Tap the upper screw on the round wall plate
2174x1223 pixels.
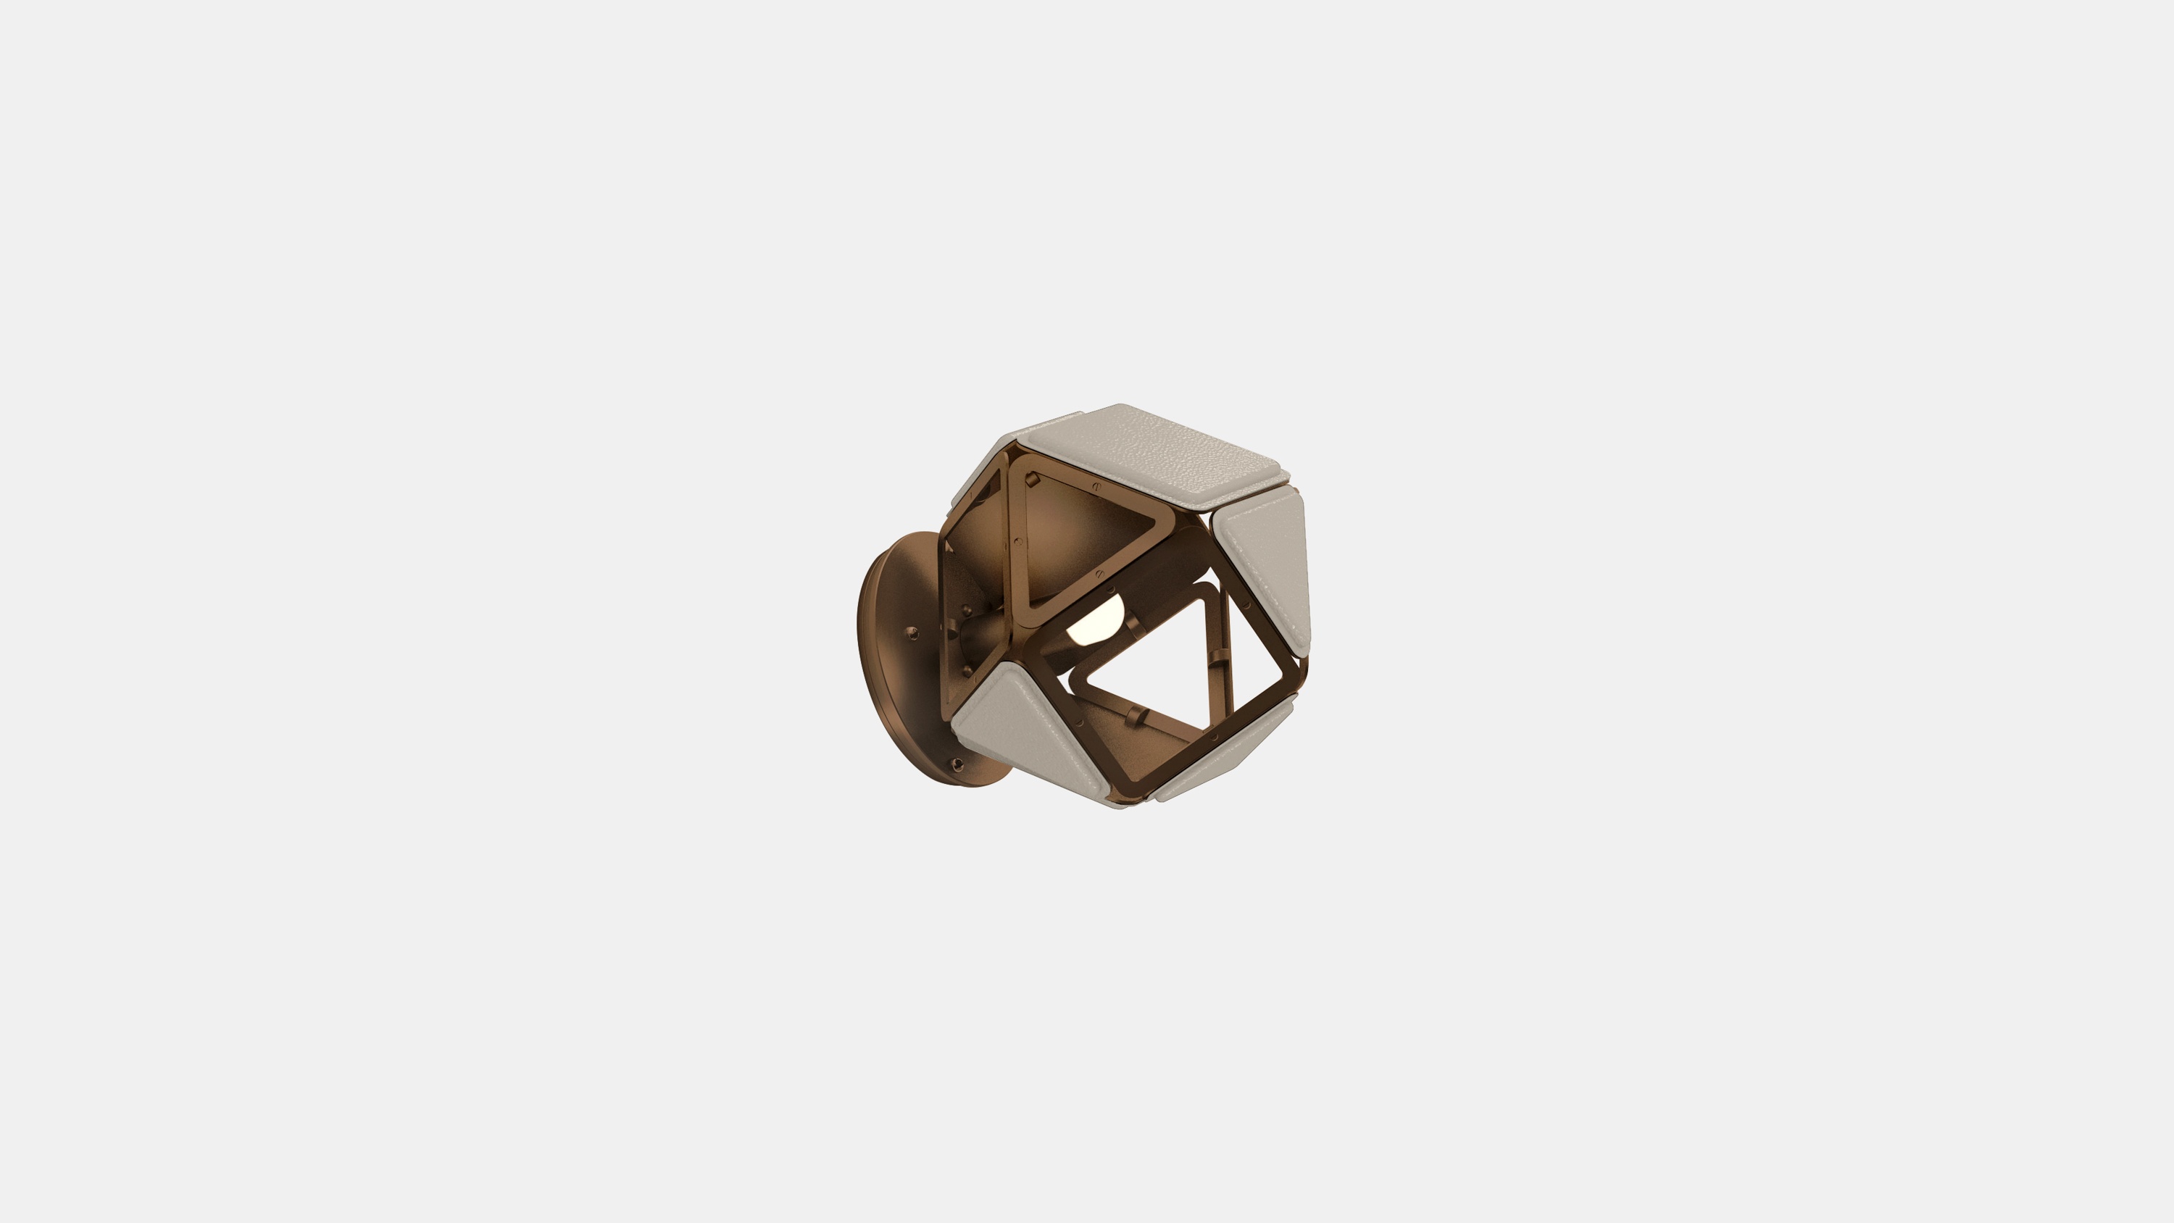(912, 633)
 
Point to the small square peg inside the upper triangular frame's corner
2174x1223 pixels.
(1031, 480)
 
